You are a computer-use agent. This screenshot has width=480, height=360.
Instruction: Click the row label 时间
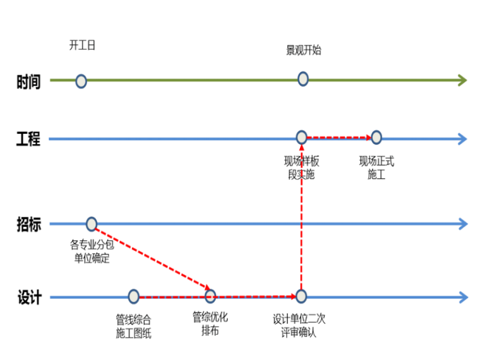click(28, 81)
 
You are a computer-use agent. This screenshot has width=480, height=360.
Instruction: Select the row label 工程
click(28, 139)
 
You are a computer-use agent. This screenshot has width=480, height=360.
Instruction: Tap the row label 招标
click(28, 224)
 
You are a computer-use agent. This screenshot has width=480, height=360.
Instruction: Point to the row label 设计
click(28, 297)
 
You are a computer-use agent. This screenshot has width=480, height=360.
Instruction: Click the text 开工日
click(82, 45)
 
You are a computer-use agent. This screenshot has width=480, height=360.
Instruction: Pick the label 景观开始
click(303, 50)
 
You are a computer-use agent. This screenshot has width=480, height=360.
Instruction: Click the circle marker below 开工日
click(81, 81)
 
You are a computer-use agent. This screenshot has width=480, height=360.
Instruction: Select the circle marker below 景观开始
click(303, 79)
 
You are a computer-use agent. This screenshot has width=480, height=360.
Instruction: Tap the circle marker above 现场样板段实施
click(302, 137)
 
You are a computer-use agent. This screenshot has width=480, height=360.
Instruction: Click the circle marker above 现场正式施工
click(376, 137)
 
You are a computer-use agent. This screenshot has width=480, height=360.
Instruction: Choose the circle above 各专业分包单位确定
click(92, 224)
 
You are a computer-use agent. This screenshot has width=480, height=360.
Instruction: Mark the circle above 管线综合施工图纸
click(133, 296)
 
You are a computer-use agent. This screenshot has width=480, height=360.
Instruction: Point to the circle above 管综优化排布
click(210, 296)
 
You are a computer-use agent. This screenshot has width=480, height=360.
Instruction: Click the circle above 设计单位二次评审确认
click(301, 296)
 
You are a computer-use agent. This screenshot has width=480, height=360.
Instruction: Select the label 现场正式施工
click(376, 168)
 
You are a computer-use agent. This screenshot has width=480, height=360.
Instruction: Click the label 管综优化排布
click(210, 324)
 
